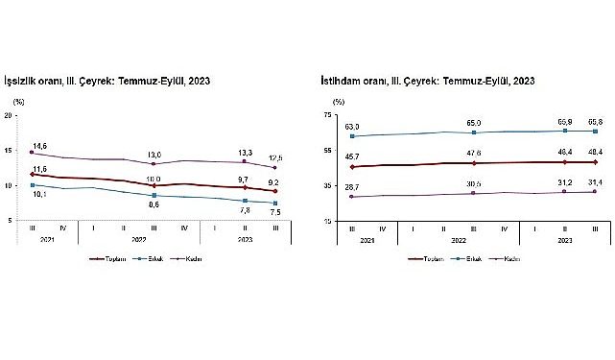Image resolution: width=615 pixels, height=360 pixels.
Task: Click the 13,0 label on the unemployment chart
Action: (154, 154)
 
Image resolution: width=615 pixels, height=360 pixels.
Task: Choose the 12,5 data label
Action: (274, 157)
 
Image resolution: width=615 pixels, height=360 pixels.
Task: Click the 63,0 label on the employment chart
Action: (352, 126)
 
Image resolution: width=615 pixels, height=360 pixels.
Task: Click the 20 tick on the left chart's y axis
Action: (9, 115)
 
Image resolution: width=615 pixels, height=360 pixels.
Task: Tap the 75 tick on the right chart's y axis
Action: (326, 115)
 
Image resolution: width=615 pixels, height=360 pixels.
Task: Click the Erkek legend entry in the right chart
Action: (467, 258)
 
